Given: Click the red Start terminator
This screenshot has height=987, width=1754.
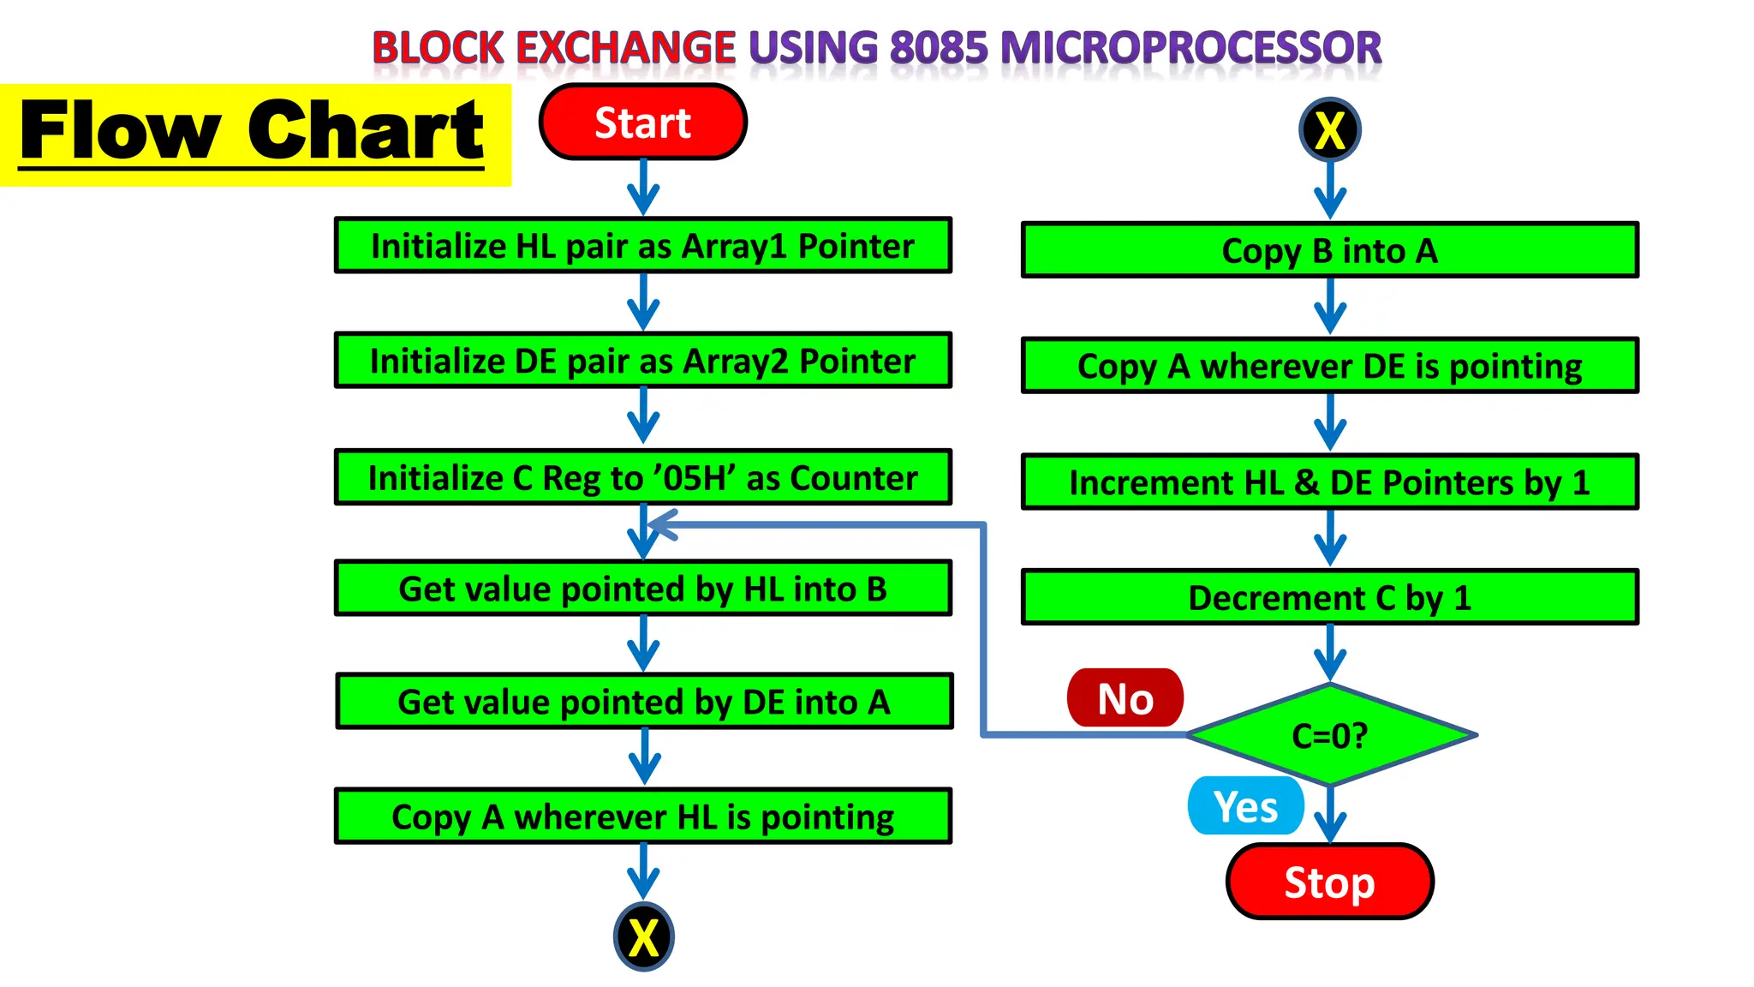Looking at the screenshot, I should click(642, 123).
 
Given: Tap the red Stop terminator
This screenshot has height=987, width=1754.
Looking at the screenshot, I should click(1329, 882).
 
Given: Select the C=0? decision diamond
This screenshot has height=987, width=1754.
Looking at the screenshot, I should click(1330, 735).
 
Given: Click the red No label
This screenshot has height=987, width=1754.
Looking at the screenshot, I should click(1125, 698).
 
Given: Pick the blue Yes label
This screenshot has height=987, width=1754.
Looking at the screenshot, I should click(1245, 806).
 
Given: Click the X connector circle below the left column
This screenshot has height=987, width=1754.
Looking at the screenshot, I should click(643, 936).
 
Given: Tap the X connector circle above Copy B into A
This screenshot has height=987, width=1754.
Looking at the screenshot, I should click(1329, 130).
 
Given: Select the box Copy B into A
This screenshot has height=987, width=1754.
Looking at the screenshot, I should click(1329, 250).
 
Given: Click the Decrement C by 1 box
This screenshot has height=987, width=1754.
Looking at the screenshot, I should click(1329, 597).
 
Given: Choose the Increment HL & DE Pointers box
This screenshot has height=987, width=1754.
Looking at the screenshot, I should click(1329, 482).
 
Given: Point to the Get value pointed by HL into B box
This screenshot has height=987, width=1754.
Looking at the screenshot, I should click(642, 589).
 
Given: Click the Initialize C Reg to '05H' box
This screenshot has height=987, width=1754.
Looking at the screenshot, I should click(642, 477).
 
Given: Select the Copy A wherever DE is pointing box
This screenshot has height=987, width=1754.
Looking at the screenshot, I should click(1329, 366).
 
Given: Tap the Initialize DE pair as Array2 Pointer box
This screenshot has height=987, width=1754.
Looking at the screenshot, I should click(642, 361).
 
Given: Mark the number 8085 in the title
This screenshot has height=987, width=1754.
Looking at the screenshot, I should click(938, 48).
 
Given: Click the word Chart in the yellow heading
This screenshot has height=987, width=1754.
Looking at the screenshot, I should click(366, 130).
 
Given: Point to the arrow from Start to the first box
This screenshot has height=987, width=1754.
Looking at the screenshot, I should click(643, 188).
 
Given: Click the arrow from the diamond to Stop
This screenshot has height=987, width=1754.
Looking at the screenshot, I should click(1330, 816).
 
